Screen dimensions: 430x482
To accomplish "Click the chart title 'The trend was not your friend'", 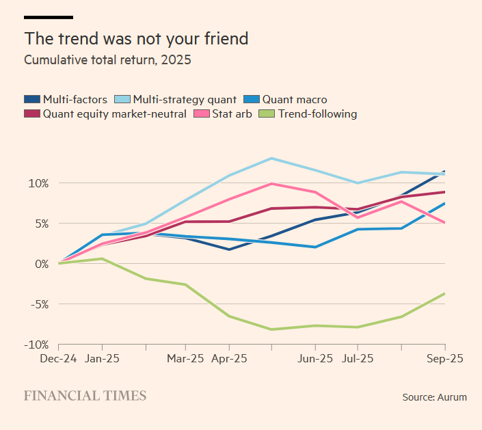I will (136, 38).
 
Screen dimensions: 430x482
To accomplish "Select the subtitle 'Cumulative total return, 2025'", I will (107, 60).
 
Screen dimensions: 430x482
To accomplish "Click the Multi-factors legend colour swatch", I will (31, 100).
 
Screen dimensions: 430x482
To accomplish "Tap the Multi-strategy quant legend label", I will (185, 100).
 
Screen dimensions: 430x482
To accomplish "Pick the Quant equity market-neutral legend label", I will (114, 114).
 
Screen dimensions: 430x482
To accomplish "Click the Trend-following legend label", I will (317, 114).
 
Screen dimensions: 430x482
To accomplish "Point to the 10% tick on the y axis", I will (38, 183).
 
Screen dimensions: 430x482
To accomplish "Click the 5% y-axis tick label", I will (40, 224).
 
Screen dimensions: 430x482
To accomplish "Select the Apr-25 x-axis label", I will (228, 358).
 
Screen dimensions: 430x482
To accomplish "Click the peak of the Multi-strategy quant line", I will (272, 159).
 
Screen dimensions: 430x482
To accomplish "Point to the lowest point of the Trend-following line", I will (272, 330).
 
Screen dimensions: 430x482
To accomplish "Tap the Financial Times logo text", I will (85, 396).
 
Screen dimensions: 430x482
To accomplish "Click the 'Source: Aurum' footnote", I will (434, 397).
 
